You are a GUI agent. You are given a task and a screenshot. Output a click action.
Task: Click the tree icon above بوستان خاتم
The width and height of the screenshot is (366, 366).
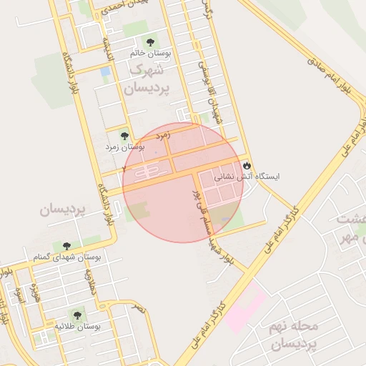[149, 42]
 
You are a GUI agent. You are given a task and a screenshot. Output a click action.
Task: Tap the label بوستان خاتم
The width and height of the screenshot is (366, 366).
[149, 54]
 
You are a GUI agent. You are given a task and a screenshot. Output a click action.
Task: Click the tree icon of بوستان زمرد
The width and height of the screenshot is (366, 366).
[124, 135]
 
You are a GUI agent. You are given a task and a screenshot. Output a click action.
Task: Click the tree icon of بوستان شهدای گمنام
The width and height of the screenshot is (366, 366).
[66, 246]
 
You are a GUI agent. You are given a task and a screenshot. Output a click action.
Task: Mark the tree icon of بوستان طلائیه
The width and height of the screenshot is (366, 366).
[76, 315]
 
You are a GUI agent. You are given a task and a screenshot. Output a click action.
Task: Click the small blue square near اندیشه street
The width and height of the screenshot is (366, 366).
[106, 71]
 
